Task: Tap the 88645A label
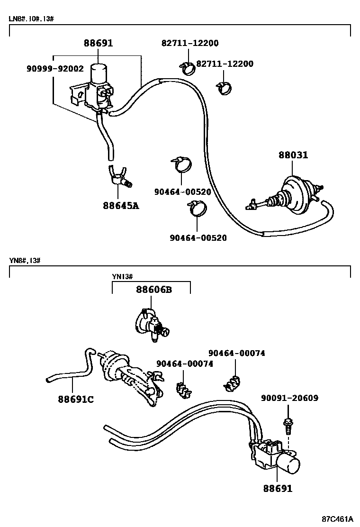pos(121,206)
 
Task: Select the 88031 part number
pos(293,155)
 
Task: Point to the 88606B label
pos(154,290)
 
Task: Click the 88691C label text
pos(76,399)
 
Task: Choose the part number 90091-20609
pos(289,398)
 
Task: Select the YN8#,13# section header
pos(24,261)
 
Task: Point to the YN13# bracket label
pos(122,277)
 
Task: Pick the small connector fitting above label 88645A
pos(119,178)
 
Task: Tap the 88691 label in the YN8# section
pos(278,488)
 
